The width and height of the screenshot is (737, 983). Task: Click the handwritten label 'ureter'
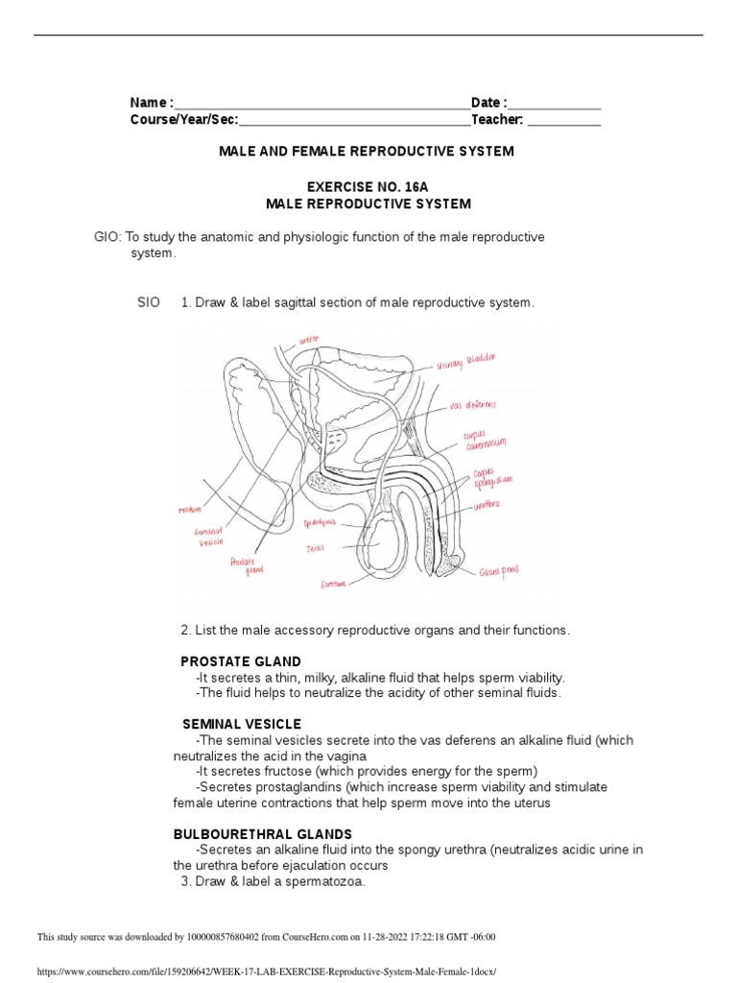[x=308, y=339]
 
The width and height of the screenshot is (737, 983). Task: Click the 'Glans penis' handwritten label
[x=499, y=571]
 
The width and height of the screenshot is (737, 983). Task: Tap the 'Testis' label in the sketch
[x=316, y=548]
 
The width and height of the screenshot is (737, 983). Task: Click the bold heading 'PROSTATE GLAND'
[x=241, y=661]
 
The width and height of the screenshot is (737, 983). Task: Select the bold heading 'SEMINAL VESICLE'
[x=242, y=724]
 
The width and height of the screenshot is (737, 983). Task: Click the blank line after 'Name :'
[x=321, y=104]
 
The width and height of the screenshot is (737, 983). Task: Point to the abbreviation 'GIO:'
[x=107, y=237]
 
